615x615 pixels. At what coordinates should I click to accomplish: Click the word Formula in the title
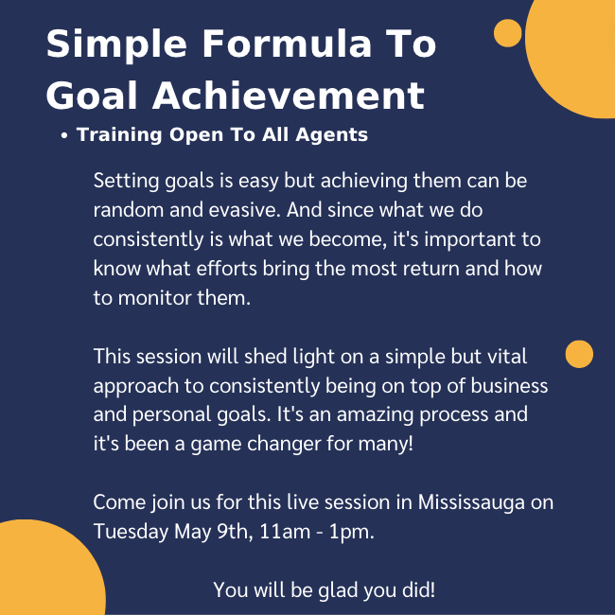(x=287, y=44)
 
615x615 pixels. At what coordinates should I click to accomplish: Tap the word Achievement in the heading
(x=289, y=96)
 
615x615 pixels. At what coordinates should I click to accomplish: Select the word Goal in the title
(x=92, y=96)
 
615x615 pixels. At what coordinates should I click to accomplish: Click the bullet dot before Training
(x=64, y=135)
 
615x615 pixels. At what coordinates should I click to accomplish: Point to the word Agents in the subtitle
(x=331, y=135)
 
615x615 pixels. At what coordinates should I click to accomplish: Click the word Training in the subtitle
(x=119, y=135)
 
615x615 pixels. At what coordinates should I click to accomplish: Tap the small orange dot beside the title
(x=507, y=33)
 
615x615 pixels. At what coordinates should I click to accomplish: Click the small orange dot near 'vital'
(x=579, y=354)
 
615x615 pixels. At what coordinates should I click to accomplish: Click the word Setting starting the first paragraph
(x=126, y=182)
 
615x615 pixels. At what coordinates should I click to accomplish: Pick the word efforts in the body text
(x=226, y=269)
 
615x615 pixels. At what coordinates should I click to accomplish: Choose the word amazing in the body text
(x=375, y=415)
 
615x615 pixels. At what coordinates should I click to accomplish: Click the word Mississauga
(x=471, y=502)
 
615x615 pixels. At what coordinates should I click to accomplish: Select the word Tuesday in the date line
(x=131, y=533)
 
